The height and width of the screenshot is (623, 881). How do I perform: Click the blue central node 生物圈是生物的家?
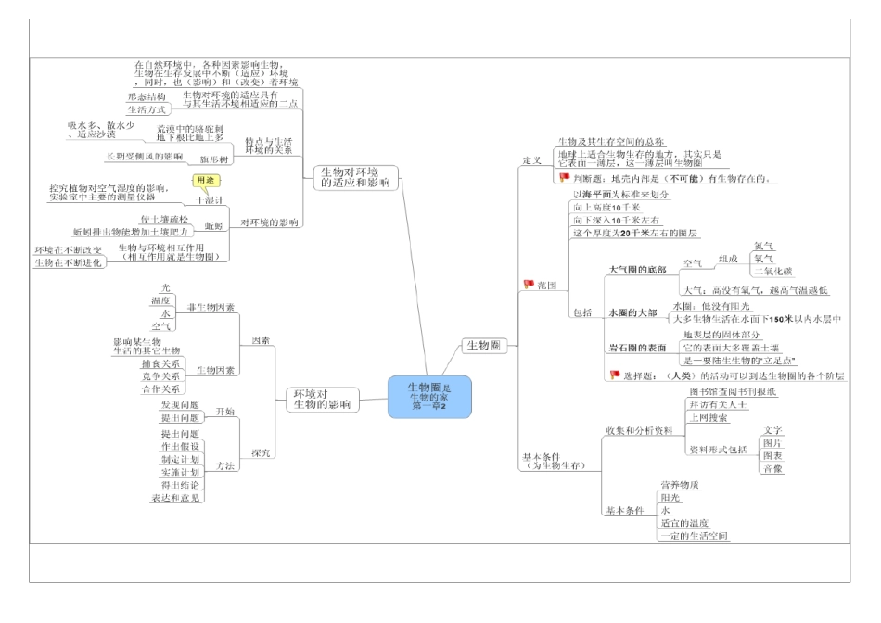pyautogui.click(x=429, y=396)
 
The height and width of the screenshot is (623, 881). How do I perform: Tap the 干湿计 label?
pyautogui.click(x=210, y=200)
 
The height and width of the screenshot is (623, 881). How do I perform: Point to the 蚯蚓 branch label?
pyautogui.click(x=214, y=225)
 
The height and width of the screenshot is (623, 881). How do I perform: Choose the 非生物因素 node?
pyautogui.click(x=211, y=307)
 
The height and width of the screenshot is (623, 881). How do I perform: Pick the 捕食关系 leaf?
pyautogui.click(x=161, y=363)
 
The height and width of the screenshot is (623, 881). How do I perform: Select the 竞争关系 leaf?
pyautogui.click(x=161, y=377)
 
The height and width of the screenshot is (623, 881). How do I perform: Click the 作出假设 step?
pyautogui.click(x=180, y=446)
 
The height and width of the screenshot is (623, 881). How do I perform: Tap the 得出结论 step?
pyautogui.click(x=180, y=485)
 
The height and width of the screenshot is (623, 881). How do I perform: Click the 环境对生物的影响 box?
pyautogui.click(x=321, y=400)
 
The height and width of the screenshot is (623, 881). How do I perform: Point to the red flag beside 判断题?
pyautogui.click(x=564, y=177)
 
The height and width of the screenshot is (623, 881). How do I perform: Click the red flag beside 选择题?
pyautogui.click(x=614, y=375)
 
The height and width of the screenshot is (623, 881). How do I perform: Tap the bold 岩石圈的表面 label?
pyautogui.click(x=637, y=347)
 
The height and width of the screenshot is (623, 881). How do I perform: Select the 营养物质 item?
pyautogui.click(x=680, y=485)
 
